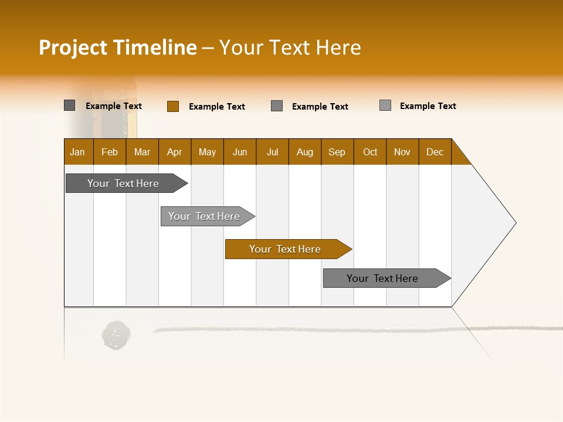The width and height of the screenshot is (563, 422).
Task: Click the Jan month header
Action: coord(78,152)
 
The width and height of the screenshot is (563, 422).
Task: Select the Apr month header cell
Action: coord(175,152)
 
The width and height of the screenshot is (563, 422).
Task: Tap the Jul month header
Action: coord(272,152)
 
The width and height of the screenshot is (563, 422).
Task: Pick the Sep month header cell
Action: coord(337,152)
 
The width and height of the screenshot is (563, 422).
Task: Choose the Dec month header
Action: coord(435,152)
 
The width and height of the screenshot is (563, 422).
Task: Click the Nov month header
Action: coord(402,152)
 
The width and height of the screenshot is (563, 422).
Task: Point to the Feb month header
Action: coord(110,152)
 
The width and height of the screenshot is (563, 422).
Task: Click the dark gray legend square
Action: coord(70,105)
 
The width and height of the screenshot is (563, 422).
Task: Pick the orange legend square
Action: coord(172,106)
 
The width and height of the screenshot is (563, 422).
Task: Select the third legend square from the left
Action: coord(277,106)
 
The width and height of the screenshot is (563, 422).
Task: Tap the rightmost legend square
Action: coord(385,105)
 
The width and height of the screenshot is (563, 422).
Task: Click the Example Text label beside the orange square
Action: coord(217,107)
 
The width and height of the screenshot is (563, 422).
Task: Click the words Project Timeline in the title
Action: coord(117,47)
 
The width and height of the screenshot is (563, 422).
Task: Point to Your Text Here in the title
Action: coord(290,47)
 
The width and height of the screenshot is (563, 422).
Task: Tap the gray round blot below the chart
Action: coord(116,335)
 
